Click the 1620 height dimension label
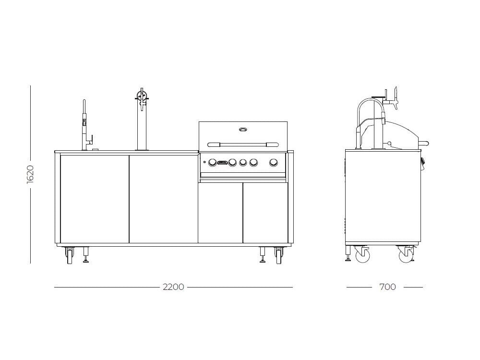point(30,175)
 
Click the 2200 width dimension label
point(173,287)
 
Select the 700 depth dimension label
point(387,287)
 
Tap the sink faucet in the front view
point(86,125)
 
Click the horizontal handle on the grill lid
point(243,144)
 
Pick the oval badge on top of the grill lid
point(243,130)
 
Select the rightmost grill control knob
point(274,162)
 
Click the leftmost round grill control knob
point(213,163)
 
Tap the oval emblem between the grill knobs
point(223,163)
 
